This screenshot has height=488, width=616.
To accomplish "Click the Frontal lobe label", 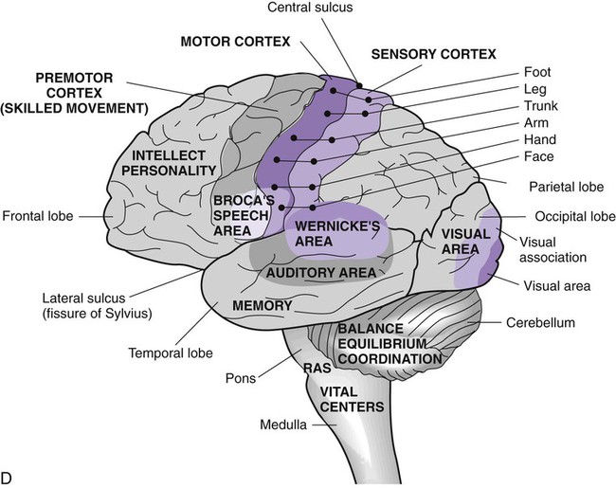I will tap(37, 216).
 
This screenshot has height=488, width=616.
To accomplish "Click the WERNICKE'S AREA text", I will tap(325, 234).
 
